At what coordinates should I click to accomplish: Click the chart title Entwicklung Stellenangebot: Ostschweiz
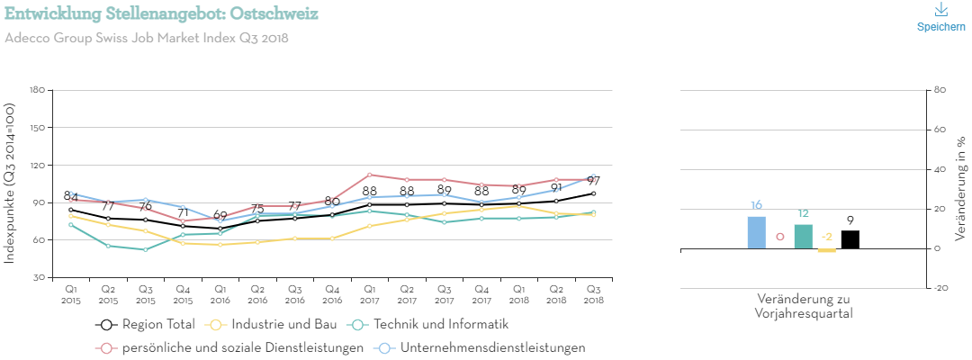(161, 14)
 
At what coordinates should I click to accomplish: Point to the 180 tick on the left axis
(37, 90)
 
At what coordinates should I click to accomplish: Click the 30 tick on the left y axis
(40, 277)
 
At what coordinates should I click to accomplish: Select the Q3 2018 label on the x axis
(594, 293)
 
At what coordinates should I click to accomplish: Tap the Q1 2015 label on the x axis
(71, 293)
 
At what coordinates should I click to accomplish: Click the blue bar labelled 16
(757, 232)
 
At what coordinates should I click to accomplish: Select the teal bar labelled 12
(804, 237)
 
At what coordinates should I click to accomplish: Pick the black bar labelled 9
(850, 239)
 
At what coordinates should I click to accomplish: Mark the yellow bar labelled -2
(827, 250)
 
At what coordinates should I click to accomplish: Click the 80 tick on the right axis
(940, 90)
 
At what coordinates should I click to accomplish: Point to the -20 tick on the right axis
(941, 288)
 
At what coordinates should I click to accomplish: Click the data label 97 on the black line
(594, 181)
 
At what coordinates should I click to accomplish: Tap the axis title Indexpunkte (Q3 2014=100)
(10, 184)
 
